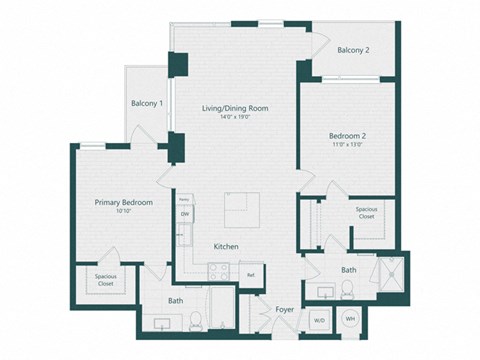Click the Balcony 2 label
354,50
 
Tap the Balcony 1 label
146,103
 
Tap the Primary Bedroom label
124,202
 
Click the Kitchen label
226,245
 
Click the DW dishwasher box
185,214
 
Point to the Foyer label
284,309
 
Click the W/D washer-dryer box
319,320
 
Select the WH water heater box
350,319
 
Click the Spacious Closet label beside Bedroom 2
366,213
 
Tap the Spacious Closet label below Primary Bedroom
105,279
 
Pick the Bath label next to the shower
349,270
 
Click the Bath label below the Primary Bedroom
175,300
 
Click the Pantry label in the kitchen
184,200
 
